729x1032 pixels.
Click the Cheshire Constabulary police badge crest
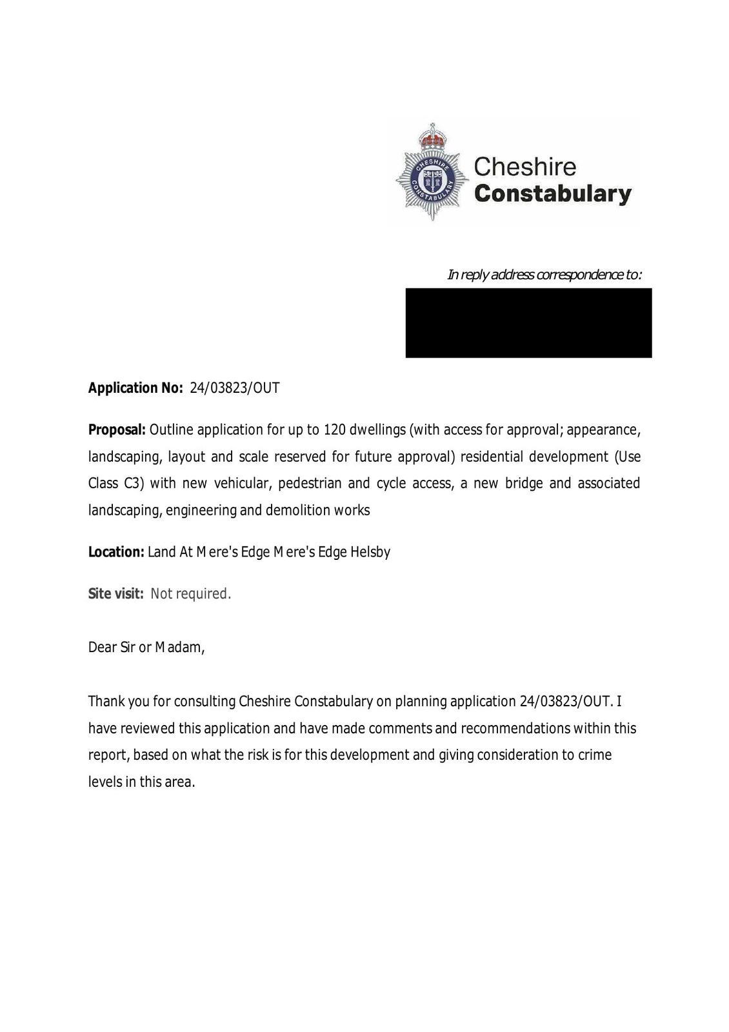pos(432,173)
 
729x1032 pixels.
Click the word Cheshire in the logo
pos(524,167)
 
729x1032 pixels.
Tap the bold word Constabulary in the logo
pos(553,194)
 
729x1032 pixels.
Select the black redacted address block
pos(528,322)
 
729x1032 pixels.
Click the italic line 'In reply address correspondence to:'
pos(544,275)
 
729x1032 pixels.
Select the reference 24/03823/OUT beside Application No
pos(235,388)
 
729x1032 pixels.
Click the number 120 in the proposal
pos(334,430)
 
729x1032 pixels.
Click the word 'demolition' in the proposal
pos(298,511)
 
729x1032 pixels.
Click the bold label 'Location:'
pos(116,552)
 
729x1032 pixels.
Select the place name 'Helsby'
pos(370,552)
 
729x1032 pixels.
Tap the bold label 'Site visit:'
pos(115,594)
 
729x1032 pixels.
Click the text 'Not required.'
pos(190,594)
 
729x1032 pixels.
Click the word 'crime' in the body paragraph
pos(594,755)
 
